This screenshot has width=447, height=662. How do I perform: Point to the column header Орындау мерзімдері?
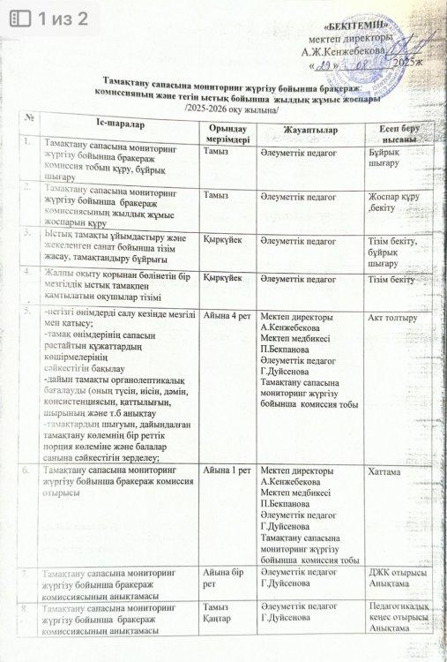[x=227, y=135]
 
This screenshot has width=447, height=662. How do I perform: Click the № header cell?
[x=30, y=117]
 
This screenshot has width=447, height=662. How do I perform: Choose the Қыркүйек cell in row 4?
[x=223, y=278]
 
